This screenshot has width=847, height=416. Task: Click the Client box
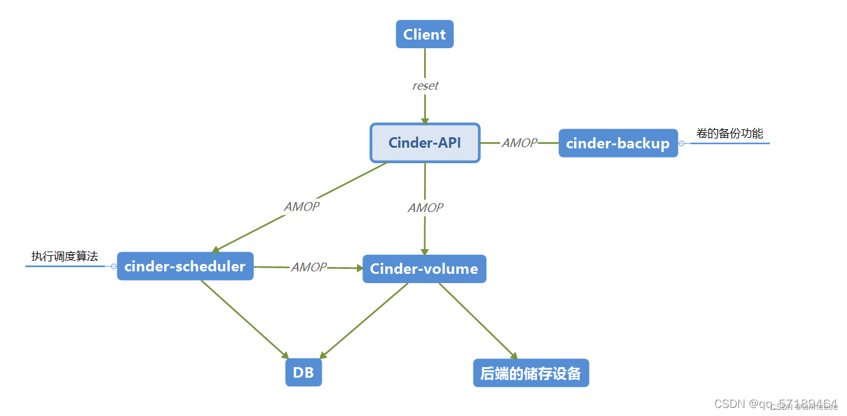point(425,34)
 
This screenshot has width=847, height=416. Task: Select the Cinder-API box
point(425,143)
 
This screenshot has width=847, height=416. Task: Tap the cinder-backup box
point(618,143)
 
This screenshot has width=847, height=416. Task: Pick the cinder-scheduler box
point(185,266)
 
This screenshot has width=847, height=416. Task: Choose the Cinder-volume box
point(424,269)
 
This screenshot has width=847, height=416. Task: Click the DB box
point(304,373)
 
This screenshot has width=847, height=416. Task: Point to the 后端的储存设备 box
point(531,373)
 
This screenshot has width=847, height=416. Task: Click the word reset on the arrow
point(425,86)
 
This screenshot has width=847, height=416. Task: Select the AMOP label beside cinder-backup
point(519,143)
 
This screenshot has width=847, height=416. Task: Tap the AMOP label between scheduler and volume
point(309,267)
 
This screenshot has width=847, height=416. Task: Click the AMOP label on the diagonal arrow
point(302,206)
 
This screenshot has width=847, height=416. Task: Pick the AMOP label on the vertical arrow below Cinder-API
point(425,208)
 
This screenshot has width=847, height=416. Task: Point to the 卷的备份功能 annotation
point(730,134)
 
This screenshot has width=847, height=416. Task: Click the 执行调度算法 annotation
point(65,257)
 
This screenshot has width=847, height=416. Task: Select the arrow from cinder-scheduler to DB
point(244,319)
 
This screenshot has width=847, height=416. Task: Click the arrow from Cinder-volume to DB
point(364,320)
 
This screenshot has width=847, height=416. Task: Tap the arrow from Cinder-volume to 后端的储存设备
point(478,321)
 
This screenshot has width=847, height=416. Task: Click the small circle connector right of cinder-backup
point(682,143)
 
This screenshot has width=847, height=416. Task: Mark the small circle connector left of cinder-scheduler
point(114,266)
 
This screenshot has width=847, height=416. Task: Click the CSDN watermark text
point(775,404)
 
